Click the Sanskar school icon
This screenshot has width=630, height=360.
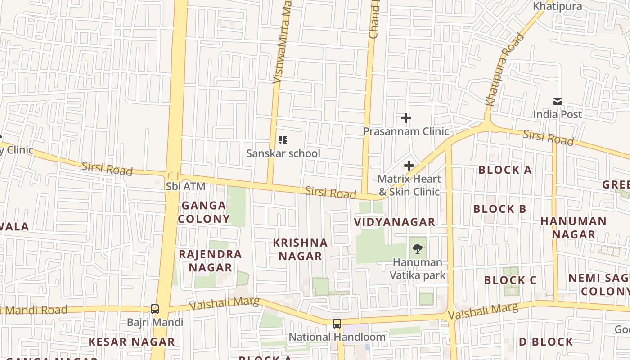(283, 140)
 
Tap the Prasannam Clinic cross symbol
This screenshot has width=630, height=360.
(406, 118)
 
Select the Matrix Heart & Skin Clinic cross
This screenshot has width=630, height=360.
(409, 166)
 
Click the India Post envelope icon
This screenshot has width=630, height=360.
(558, 102)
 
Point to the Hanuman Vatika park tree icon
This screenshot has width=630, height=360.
(418, 248)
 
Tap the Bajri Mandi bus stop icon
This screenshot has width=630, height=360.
(155, 309)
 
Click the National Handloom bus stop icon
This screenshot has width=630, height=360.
(337, 324)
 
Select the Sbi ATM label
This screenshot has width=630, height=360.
(185, 186)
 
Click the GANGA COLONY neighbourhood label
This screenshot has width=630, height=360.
(204, 212)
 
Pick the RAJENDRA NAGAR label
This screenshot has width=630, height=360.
(211, 261)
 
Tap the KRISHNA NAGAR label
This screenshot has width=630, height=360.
(300, 249)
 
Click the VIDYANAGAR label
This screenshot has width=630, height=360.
(395, 222)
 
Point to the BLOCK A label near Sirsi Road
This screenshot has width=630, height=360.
(505, 170)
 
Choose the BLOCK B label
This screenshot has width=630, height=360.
(499, 209)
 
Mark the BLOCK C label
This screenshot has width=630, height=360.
(510, 280)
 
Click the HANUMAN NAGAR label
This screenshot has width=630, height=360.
(573, 228)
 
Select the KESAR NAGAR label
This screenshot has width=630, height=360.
(131, 342)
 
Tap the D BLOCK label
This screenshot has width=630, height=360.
(546, 342)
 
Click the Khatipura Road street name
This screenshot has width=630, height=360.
(505, 69)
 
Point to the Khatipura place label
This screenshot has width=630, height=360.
(557, 6)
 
